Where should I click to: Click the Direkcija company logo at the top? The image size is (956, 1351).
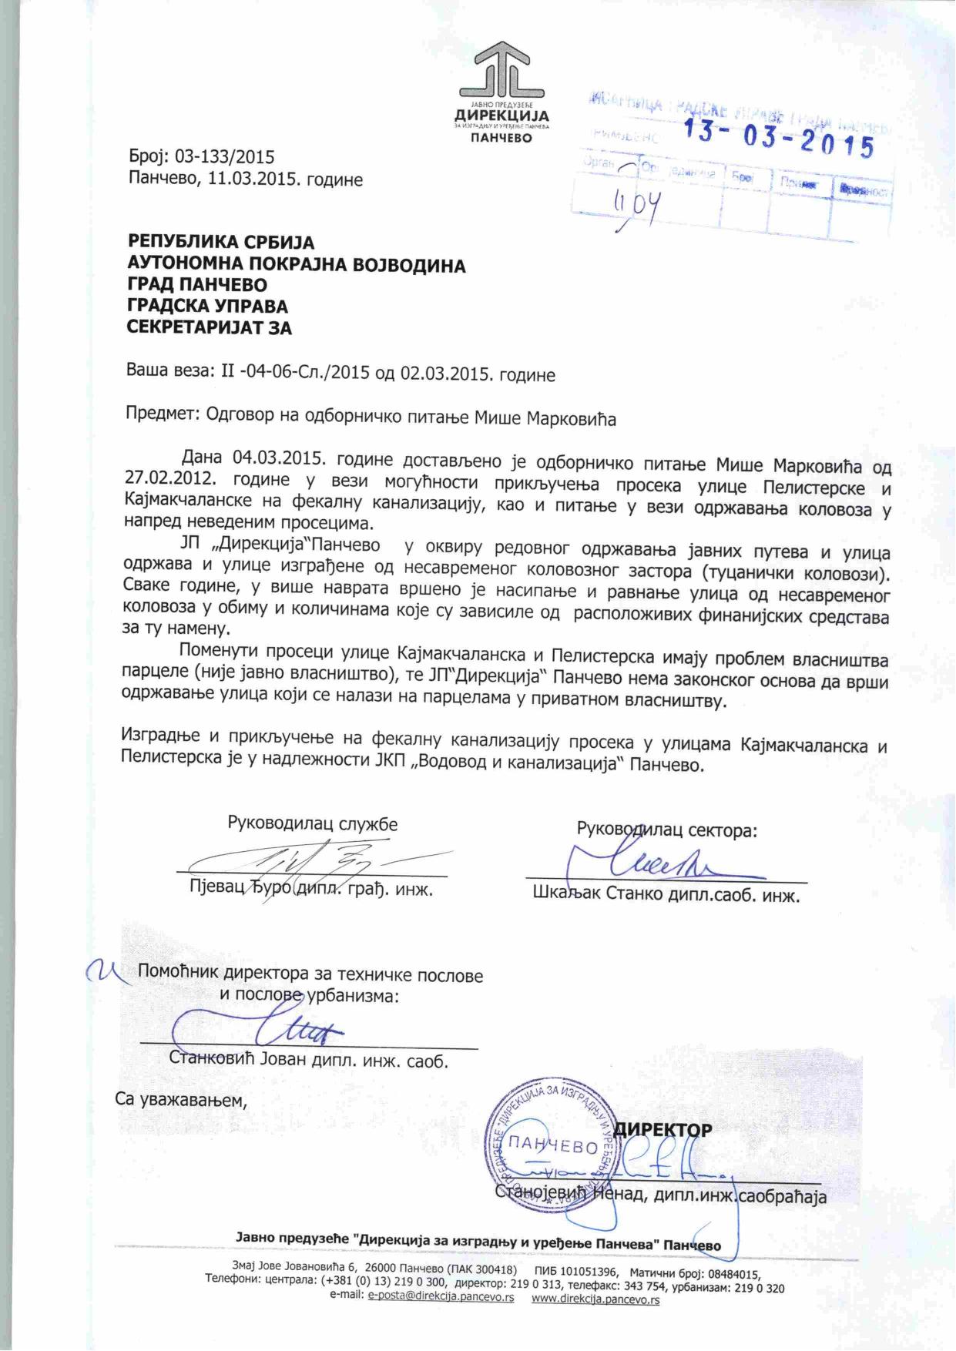click(x=501, y=92)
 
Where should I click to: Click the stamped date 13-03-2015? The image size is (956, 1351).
click(x=779, y=139)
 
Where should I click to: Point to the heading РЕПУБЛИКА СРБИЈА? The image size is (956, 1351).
click(x=221, y=243)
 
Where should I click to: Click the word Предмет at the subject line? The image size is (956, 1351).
click(x=162, y=417)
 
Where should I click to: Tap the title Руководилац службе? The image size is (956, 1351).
click(x=312, y=823)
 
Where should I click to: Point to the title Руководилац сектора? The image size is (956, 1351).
click(x=667, y=830)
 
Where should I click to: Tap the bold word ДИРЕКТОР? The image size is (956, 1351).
click(x=666, y=1129)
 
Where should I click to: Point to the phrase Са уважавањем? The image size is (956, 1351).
click(x=181, y=1098)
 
